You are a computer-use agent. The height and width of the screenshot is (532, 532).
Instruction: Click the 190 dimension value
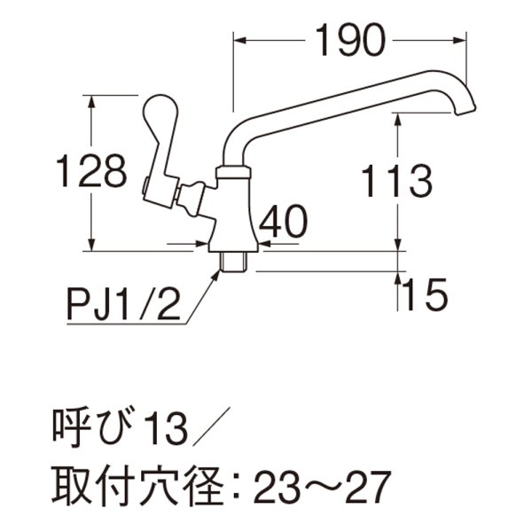coord(349,38)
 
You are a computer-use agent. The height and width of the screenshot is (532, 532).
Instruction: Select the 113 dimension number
coord(396,182)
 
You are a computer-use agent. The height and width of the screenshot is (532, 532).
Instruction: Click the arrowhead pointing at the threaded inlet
coord(216,274)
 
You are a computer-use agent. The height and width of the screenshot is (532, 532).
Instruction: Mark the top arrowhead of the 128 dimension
coord(92,99)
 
